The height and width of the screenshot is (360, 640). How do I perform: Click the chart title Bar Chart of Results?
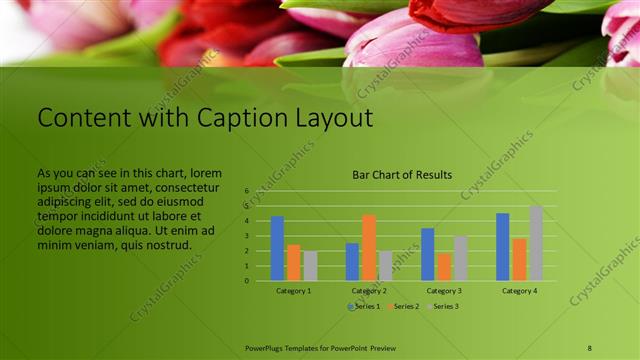pos(401,175)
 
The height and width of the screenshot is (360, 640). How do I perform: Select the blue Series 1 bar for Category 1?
pos(277,248)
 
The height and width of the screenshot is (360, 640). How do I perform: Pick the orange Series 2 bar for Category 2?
pos(369,248)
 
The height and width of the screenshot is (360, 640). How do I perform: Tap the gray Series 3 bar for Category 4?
pos(536,243)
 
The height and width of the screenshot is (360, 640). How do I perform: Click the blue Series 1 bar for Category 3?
pos(427,254)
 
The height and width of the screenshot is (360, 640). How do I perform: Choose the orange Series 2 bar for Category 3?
pos(444,266)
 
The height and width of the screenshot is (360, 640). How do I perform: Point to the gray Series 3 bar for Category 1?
pos(310,265)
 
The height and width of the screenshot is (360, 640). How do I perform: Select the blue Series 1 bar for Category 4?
pos(502,246)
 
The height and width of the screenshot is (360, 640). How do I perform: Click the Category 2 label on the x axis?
pos(369,290)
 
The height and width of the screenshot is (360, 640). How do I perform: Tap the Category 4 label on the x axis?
pos(519,290)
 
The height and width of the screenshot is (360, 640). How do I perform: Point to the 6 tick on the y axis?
pos(246,190)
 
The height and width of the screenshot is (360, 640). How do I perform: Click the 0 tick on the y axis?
pos(246,280)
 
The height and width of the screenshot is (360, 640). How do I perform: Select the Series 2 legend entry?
pos(403,306)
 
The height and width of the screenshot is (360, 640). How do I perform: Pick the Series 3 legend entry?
pos(444,306)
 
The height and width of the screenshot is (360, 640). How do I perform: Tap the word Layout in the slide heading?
pos(330,119)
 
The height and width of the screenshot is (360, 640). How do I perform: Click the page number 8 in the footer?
pos(590,347)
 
